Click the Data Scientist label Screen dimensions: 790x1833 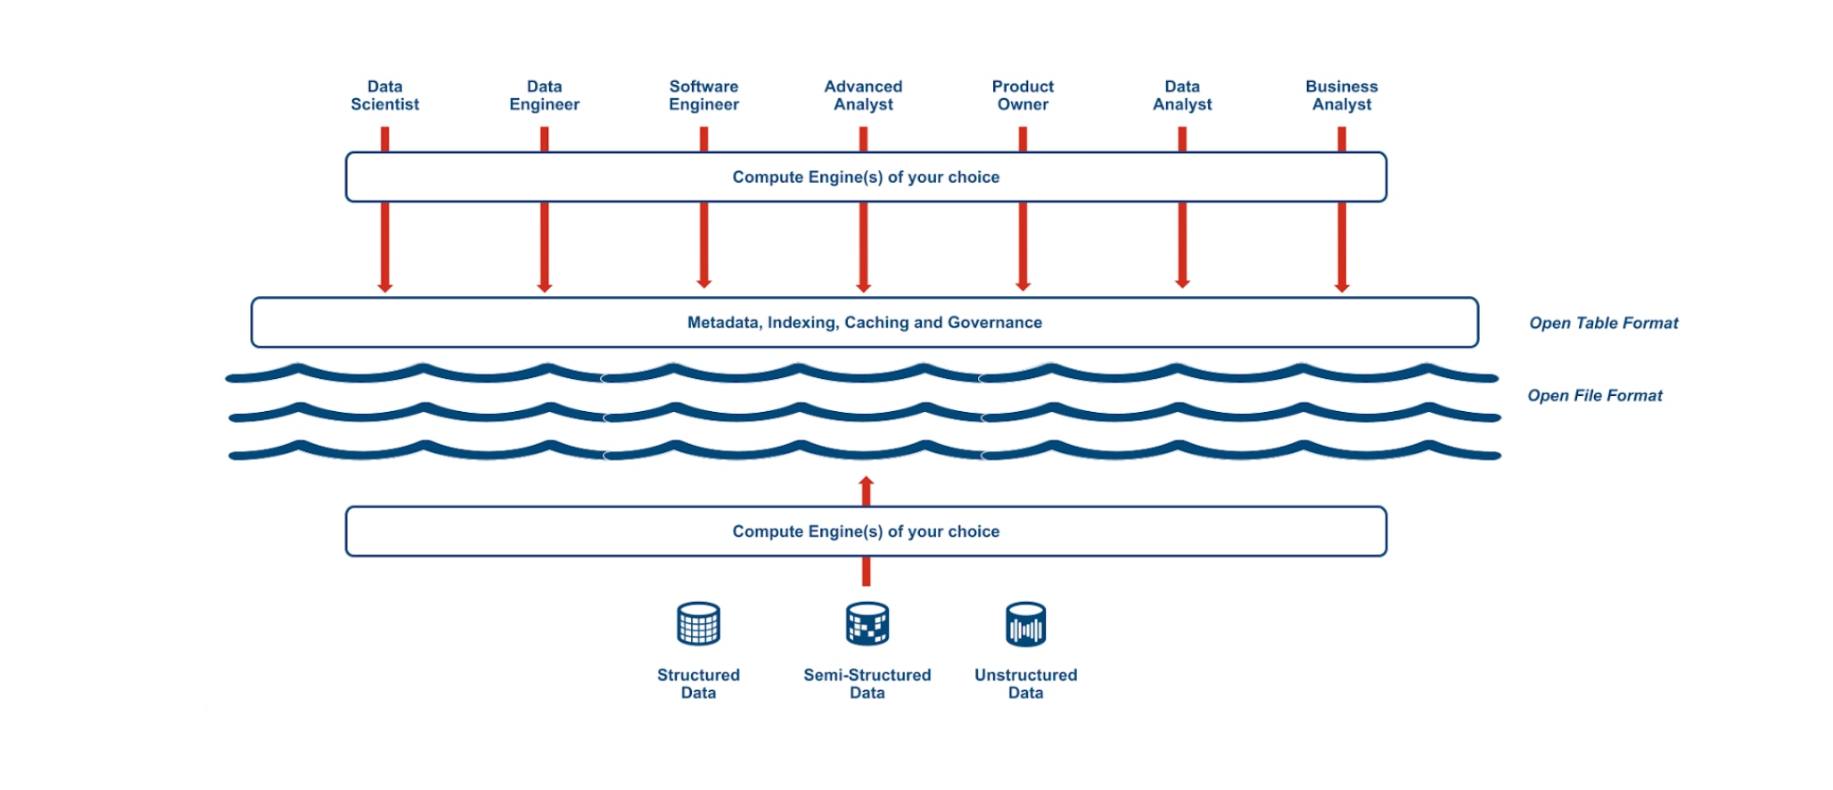click(384, 95)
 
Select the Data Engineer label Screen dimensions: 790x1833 click(544, 95)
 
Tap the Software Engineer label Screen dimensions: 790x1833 click(703, 95)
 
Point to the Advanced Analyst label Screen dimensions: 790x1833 click(863, 95)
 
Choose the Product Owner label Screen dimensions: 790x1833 click(1023, 95)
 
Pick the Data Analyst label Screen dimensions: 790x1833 click(1182, 95)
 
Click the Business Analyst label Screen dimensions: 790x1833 click(1342, 95)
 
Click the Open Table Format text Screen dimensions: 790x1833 click(1603, 323)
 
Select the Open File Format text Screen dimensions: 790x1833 click(1595, 395)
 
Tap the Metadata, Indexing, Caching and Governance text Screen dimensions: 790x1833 click(864, 322)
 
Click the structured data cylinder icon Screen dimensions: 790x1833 click(698, 623)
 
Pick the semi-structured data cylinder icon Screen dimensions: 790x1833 click(867, 623)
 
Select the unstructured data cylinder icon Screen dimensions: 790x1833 click(1025, 623)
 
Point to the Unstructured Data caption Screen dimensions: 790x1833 click(1025, 684)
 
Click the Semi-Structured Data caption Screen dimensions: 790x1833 click(867, 684)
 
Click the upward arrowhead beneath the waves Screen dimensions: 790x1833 click(866, 482)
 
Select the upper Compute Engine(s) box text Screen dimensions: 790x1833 click(866, 177)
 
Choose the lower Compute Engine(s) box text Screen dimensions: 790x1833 click(866, 531)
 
